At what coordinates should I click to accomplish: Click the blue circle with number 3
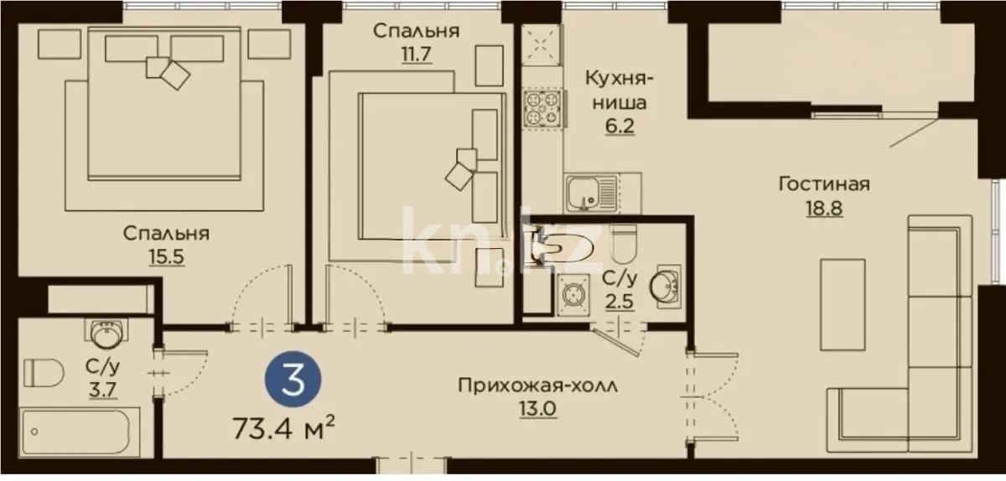pyautogui.click(x=293, y=379)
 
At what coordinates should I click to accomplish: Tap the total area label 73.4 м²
pyautogui.click(x=284, y=427)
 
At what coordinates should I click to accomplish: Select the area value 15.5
pyautogui.click(x=167, y=257)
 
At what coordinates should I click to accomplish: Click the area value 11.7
pyautogui.click(x=417, y=54)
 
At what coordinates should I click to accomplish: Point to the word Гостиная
pyautogui.click(x=824, y=184)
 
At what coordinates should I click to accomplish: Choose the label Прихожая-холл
pyautogui.click(x=537, y=385)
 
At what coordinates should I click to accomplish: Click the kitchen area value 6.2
pyautogui.click(x=620, y=127)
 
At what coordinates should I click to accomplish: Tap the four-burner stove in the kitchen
pyautogui.click(x=543, y=108)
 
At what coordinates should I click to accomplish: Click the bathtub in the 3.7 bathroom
pyautogui.click(x=80, y=432)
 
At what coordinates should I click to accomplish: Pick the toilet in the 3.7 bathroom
pyautogui.click(x=44, y=372)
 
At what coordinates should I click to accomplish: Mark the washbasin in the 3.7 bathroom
pyautogui.click(x=106, y=334)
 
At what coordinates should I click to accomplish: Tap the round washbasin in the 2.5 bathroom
pyautogui.click(x=665, y=286)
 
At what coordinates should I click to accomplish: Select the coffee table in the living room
pyautogui.click(x=843, y=304)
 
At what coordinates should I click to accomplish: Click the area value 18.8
pyautogui.click(x=824, y=209)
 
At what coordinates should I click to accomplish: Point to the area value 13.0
pyautogui.click(x=538, y=409)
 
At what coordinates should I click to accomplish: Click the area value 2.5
pyautogui.click(x=620, y=302)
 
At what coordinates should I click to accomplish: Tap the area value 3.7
pyautogui.click(x=103, y=390)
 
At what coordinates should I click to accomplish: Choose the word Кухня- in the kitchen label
pyautogui.click(x=620, y=78)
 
